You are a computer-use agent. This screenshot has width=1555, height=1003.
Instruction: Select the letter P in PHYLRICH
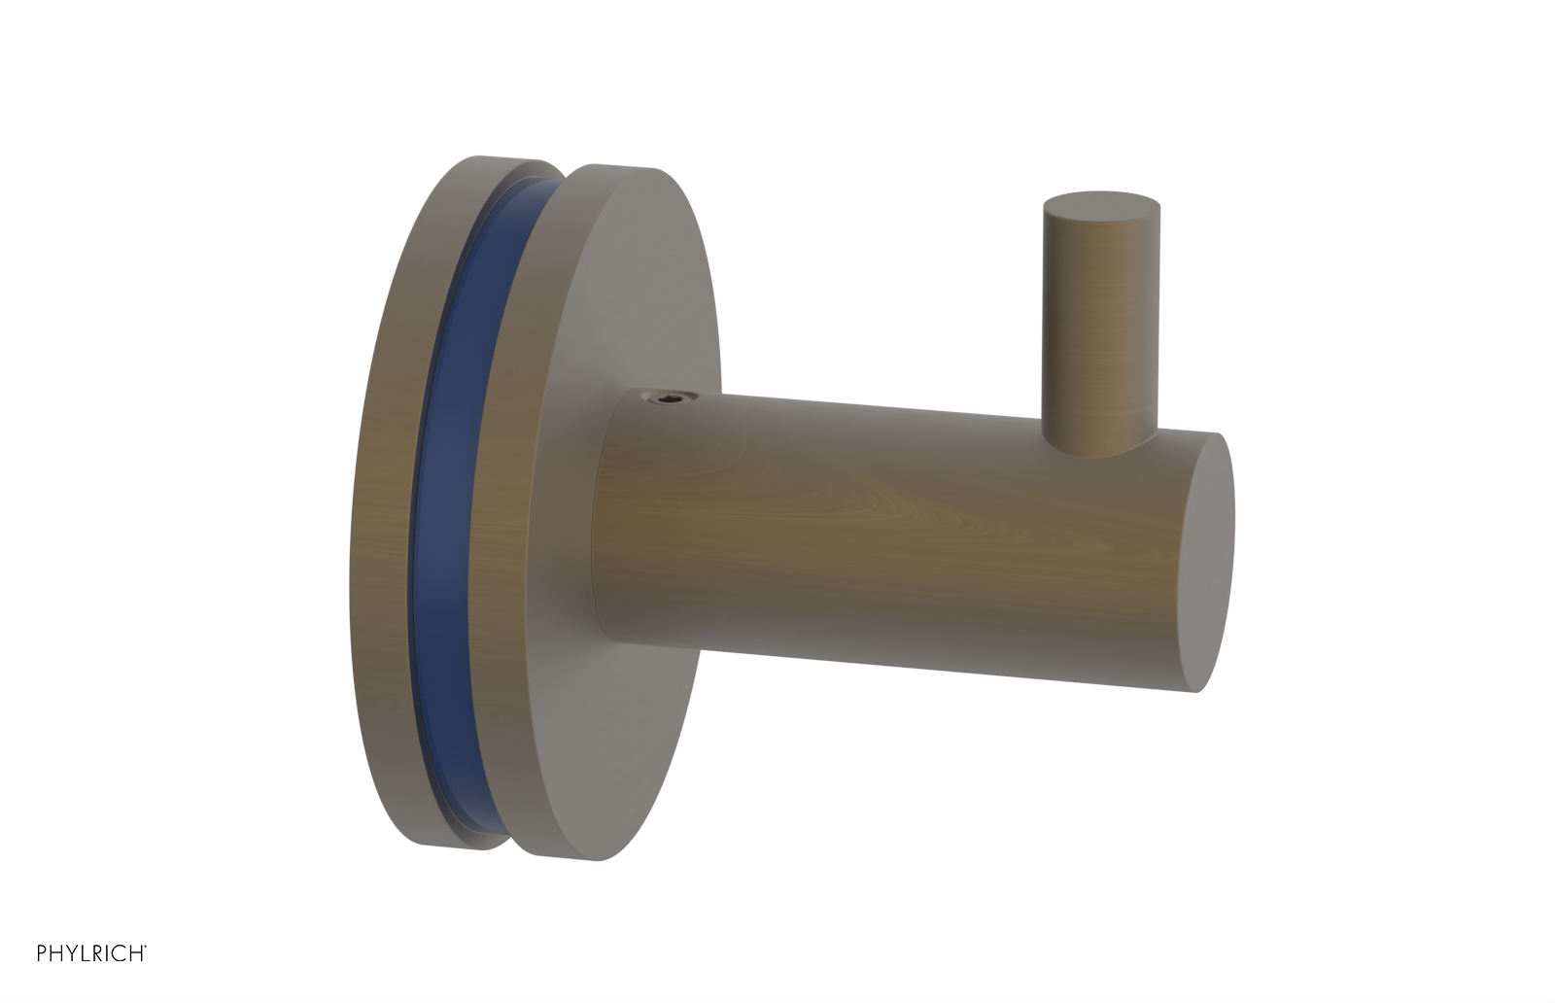pos(42,953)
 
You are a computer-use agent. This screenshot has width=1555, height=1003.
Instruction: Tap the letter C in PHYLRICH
pos(119,953)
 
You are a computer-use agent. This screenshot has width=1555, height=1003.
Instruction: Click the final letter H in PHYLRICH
pos(136,953)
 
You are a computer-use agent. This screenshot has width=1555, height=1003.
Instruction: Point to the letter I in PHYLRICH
pos(107,953)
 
